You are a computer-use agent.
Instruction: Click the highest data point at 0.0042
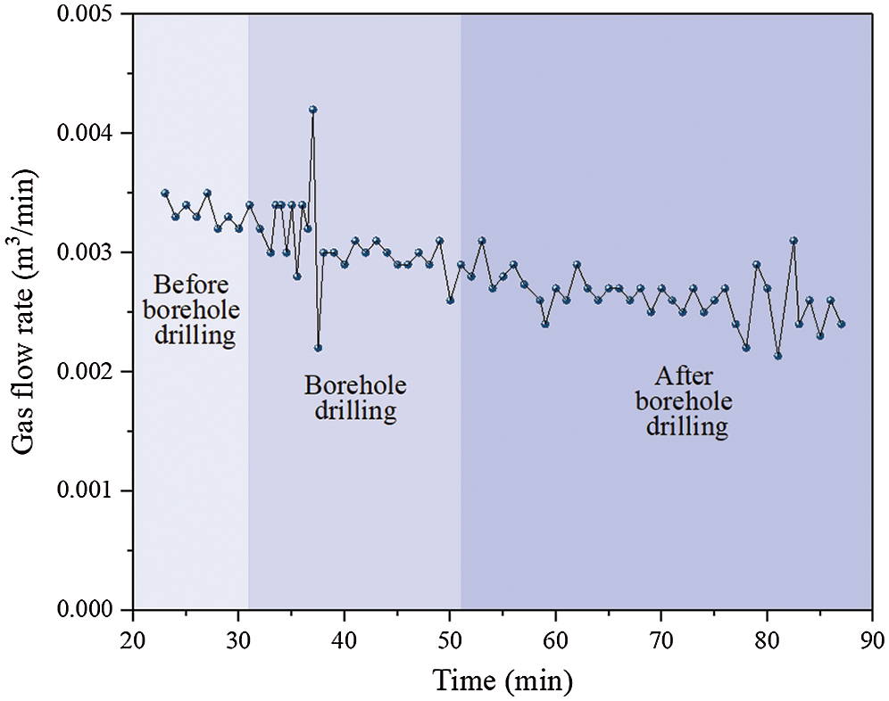[312, 110]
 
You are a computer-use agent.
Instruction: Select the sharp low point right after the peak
[318, 348]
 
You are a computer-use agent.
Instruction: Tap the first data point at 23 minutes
[164, 193]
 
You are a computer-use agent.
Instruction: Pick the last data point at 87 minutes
[841, 324]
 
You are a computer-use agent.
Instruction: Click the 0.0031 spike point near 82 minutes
[793, 241]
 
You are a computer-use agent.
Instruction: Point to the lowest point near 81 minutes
[777, 356]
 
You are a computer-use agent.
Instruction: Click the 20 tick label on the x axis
[133, 640]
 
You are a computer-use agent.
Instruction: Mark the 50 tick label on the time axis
[450, 640]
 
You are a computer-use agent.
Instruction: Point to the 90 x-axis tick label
[872, 640]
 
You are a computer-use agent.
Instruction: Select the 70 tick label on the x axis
[661, 640]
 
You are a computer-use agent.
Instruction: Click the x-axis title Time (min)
[502, 680]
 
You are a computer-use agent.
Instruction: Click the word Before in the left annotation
[191, 286]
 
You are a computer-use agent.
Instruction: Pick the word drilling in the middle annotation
[355, 412]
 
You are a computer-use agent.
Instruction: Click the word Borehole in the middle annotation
[355, 386]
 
